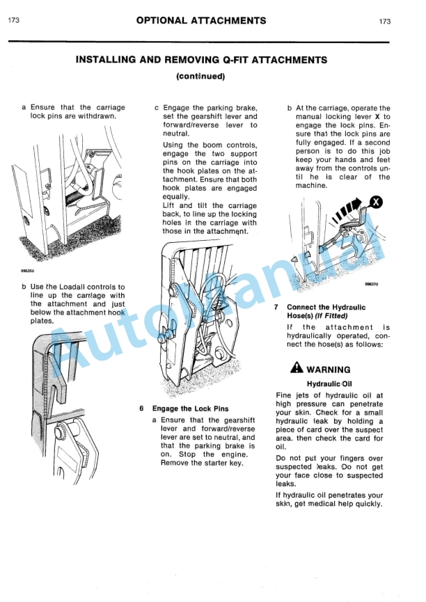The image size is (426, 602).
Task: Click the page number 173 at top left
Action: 13,22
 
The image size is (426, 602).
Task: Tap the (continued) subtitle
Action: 200,76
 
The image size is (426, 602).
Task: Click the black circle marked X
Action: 377,203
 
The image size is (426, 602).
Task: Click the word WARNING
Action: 329,370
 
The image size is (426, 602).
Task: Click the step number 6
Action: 141,409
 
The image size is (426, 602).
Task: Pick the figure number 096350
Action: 27,271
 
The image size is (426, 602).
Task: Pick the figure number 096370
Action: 371,284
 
